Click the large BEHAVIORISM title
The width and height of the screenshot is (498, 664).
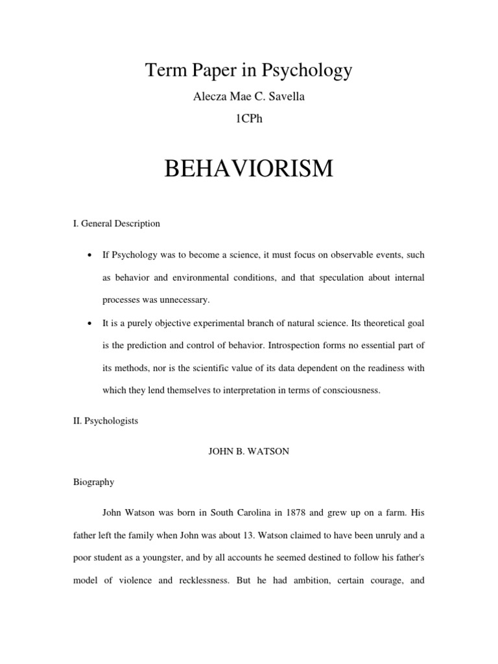249,169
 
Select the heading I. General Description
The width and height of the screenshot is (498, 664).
116,224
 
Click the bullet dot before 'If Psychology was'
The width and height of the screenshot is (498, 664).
87,255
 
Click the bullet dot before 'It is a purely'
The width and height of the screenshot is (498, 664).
87,323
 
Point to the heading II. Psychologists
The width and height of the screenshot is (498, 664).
106,421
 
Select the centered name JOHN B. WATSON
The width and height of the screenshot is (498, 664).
248,451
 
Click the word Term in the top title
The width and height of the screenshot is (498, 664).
163,70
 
